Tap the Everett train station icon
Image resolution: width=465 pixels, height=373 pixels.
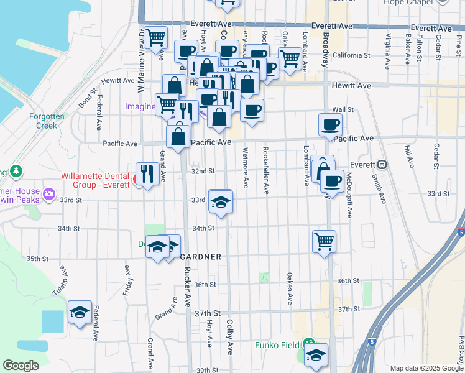(382, 165)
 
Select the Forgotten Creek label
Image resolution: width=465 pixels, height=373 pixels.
(43, 121)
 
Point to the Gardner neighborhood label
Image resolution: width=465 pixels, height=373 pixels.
(201, 256)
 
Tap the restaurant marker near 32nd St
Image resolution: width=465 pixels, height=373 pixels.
(147, 174)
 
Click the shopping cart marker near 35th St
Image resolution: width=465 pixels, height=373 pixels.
(324, 241)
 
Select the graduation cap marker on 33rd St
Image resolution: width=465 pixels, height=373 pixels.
(220, 202)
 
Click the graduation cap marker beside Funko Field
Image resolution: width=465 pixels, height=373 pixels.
(316, 355)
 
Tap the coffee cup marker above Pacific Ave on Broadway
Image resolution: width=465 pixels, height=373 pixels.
(330, 124)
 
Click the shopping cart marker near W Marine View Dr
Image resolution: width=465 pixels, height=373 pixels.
(155, 38)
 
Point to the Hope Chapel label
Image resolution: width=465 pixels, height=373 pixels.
(407, 2)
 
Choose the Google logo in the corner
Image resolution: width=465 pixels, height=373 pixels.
(21, 366)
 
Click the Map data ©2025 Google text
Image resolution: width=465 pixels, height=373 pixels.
(426, 368)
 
